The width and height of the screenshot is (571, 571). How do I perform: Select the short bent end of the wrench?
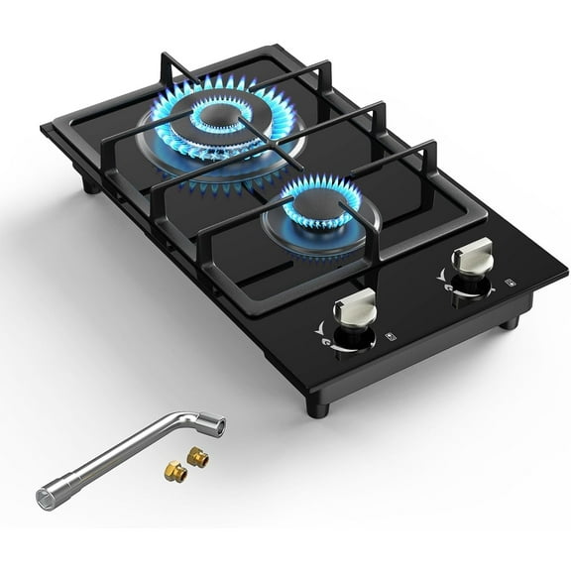[x=212, y=426]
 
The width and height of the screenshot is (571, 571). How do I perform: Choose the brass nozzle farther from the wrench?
[x=176, y=473]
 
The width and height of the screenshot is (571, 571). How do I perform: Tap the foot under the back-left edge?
[x=90, y=185]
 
